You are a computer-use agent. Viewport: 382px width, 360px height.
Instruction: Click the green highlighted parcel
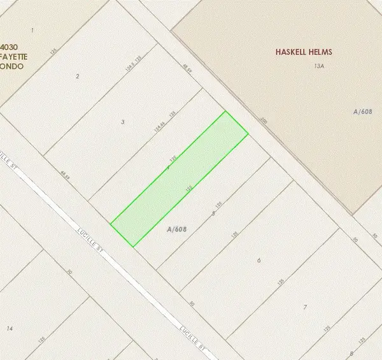(x=179, y=179)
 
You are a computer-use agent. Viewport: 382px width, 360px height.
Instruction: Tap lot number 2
(x=78, y=76)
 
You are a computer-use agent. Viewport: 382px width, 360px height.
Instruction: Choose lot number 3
(x=122, y=121)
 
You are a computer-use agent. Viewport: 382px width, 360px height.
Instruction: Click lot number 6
(x=258, y=261)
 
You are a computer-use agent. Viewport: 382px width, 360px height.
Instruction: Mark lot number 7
(x=305, y=308)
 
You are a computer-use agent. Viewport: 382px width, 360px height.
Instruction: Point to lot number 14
(x=9, y=328)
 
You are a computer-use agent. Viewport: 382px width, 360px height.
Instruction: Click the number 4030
(x=9, y=47)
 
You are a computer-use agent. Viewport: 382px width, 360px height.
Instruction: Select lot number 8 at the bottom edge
(x=351, y=353)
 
